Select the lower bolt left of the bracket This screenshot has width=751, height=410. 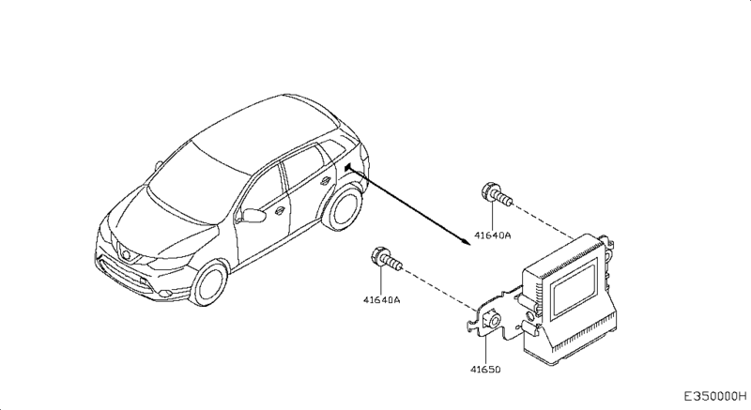[386, 260]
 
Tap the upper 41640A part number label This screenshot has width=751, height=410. [492, 237]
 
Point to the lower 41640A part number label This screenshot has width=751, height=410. [382, 300]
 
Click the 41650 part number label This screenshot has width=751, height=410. [486, 369]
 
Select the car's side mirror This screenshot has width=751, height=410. [252, 216]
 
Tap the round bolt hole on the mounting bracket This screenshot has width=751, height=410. [490, 319]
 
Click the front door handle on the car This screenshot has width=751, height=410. [279, 212]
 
